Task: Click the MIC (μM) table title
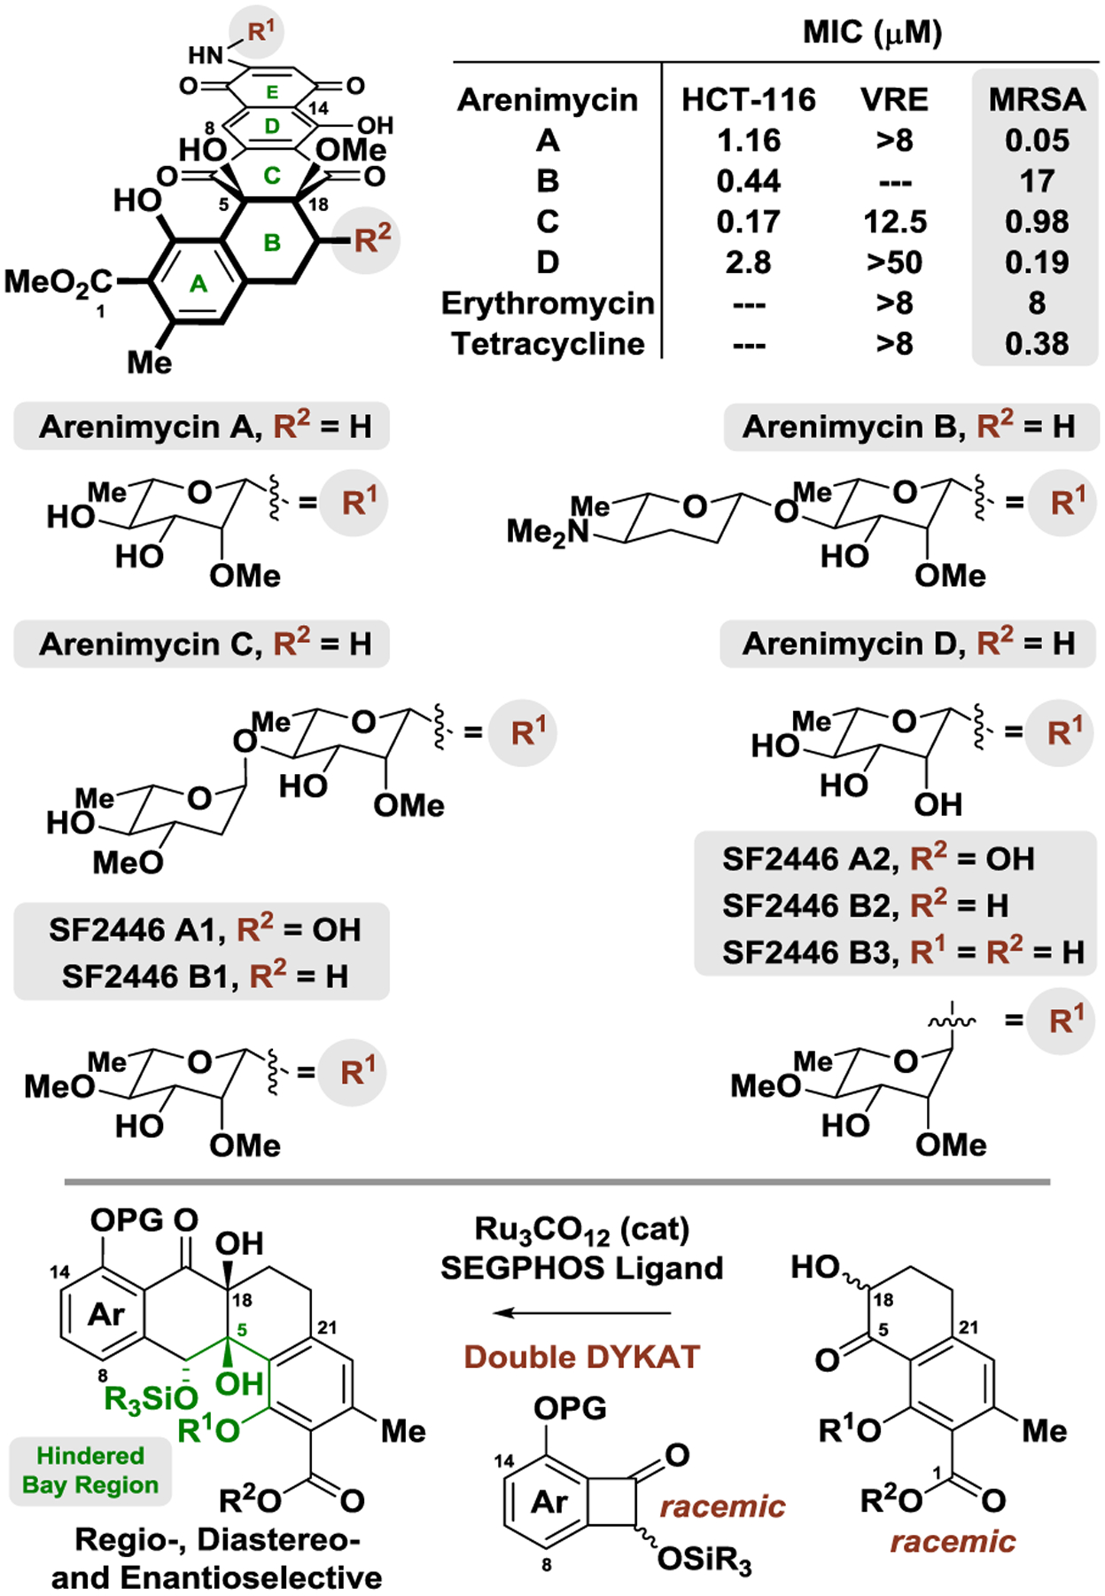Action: click(x=872, y=34)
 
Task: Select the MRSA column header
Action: click(x=1037, y=99)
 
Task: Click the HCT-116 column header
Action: click(x=748, y=99)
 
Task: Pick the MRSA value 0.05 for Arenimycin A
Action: click(x=1037, y=140)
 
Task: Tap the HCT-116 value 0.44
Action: click(x=748, y=181)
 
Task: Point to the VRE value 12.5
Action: click(x=895, y=222)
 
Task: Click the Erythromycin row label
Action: click(x=548, y=303)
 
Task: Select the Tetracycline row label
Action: click(x=548, y=344)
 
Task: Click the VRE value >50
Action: click(x=895, y=262)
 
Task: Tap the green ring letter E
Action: click(x=272, y=91)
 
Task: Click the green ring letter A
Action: click(x=198, y=284)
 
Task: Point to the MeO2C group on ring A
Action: click(x=58, y=282)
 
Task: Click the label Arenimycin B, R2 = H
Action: click(x=908, y=426)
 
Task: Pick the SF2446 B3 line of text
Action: click(x=903, y=952)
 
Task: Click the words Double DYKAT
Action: click(x=582, y=1357)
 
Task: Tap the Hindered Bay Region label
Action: click(x=90, y=1470)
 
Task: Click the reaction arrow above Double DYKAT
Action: click(x=582, y=1312)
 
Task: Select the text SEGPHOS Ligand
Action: click(x=582, y=1268)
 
